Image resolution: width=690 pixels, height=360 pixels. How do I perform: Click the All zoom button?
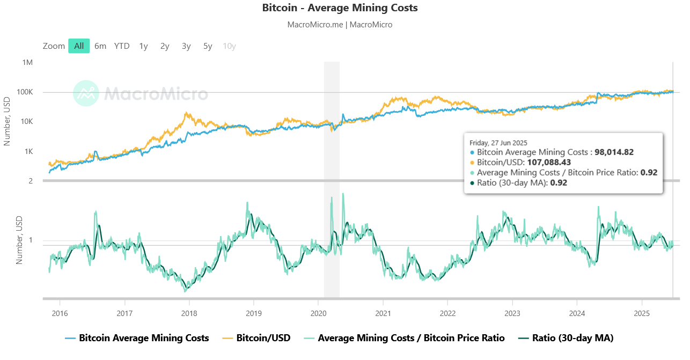(79, 46)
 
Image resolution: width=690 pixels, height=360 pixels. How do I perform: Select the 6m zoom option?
(100, 46)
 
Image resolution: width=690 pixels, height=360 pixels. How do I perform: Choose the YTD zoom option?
(122, 46)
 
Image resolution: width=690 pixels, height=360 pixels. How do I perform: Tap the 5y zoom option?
(208, 46)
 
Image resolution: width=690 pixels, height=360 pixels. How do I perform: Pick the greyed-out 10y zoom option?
(229, 46)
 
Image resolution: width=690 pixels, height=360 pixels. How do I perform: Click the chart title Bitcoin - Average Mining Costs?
(340, 8)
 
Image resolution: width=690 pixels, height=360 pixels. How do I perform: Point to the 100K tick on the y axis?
(25, 92)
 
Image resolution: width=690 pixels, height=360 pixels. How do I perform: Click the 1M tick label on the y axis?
(27, 63)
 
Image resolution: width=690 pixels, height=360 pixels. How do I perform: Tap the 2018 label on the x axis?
(189, 313)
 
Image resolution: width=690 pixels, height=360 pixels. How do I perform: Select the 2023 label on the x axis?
(512, 313)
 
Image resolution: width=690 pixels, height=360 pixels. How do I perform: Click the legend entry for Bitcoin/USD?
(256, 338)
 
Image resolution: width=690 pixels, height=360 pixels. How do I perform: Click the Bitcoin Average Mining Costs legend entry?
(137, 338)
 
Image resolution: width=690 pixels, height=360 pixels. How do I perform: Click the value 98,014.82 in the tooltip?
(614, 152)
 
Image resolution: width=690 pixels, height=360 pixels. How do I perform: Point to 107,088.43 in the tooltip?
(549, 162)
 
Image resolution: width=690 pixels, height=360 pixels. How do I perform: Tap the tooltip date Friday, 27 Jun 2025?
(498, 143)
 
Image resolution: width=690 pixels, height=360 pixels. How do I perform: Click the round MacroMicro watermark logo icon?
(86, 93)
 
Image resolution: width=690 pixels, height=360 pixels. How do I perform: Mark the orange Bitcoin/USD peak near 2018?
(186, 113)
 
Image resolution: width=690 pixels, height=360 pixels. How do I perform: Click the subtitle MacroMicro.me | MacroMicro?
(340, 25)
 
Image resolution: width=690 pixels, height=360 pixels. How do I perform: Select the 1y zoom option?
(143, 46)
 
